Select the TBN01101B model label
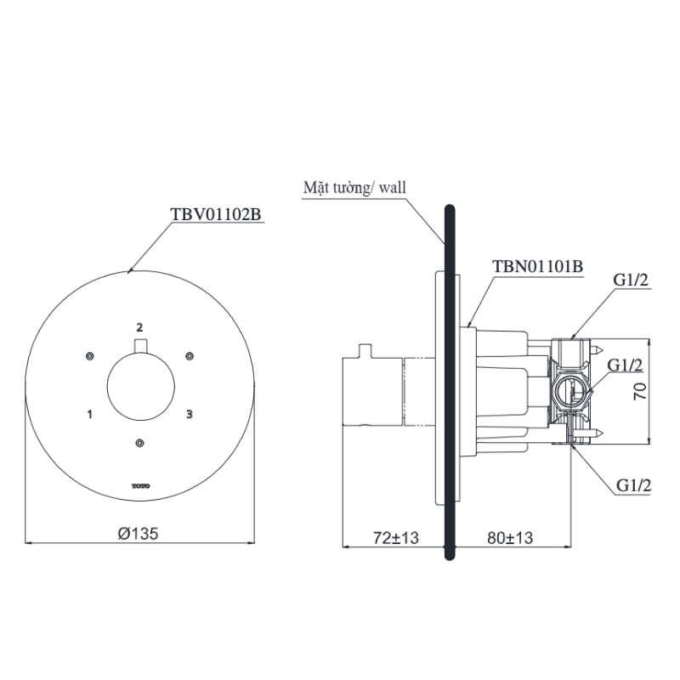coord(537,266)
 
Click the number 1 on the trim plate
coord(89,414)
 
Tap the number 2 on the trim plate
coord(140,326)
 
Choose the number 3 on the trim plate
coord(190,414)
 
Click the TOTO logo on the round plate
coord(140,486)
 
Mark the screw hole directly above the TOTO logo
coord(140,442)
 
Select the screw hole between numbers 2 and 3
coord(190,355)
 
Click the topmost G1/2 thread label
coord(632,281)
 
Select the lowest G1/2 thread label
coord(632,485)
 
